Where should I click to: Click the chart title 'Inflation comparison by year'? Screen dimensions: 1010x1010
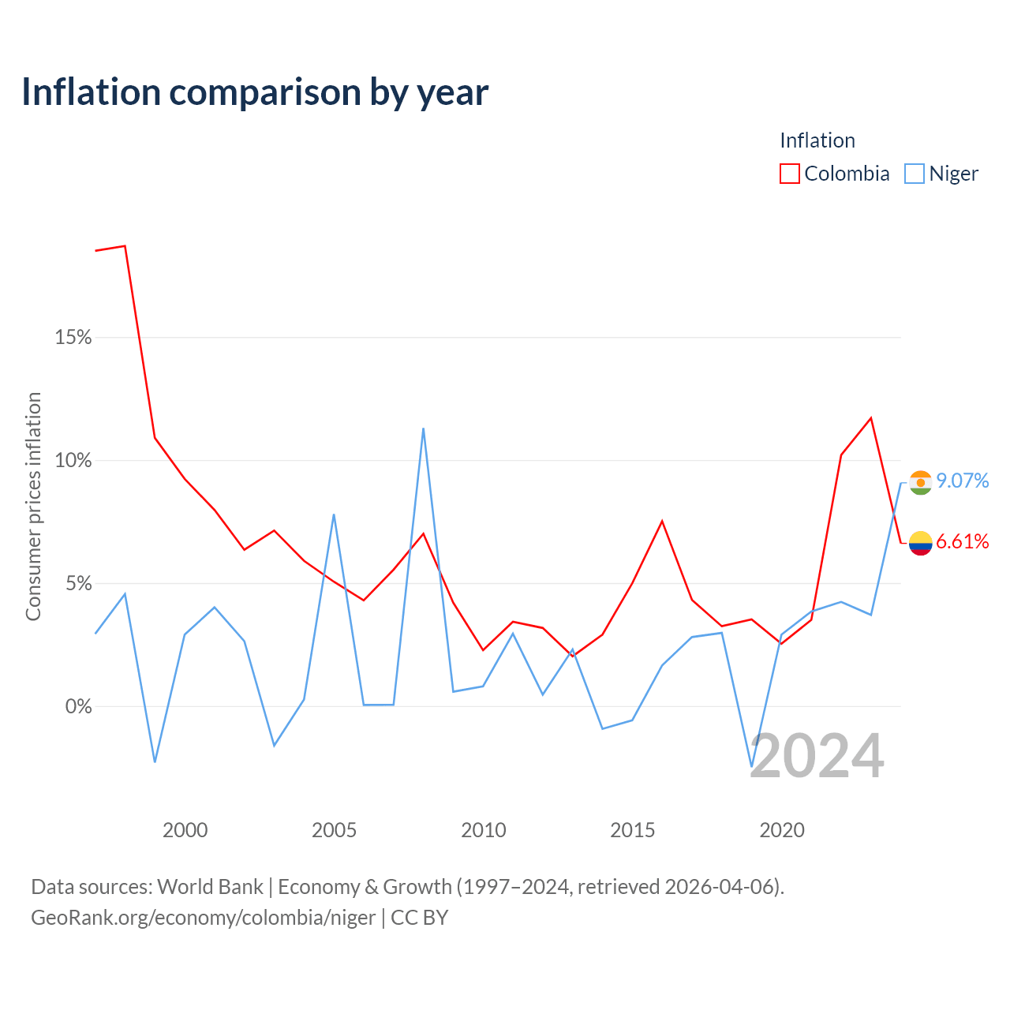coord(255,93)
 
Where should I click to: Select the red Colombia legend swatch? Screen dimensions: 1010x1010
coord(789,174)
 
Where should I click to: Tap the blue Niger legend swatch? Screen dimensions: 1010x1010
coord(914,174)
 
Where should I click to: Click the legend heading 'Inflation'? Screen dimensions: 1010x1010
coord(817,140)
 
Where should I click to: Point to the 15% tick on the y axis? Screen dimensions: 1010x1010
coord(73,337)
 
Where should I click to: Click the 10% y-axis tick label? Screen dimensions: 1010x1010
coord(73,460)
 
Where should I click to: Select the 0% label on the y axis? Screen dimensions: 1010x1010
coord(78,706)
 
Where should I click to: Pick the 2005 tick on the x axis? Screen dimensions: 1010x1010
coord(334,830)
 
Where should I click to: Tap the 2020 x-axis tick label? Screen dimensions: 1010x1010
coord(781,830)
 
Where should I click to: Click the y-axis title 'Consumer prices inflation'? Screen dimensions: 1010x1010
coord(33,507)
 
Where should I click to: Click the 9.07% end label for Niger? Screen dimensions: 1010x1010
coord(963,481)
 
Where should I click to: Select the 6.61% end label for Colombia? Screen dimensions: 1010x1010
coord(963,541)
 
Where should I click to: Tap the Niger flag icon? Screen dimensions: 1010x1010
coord(920,483)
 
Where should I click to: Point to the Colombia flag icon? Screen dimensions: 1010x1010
coord(920,543)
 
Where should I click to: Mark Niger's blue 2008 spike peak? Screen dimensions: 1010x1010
coord(423,428)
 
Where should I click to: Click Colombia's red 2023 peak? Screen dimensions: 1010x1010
coord(871,418)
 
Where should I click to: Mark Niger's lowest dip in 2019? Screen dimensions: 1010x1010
coord(752,767)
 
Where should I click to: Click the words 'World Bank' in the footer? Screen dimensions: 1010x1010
coord(210,887)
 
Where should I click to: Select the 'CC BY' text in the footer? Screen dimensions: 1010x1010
coord(419,918)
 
